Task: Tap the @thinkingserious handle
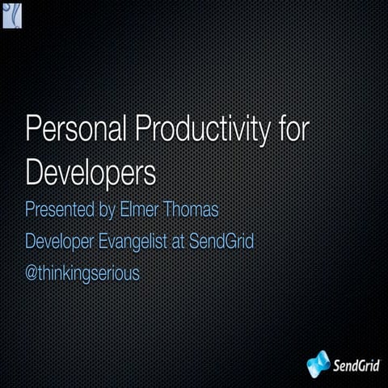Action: coord(83,273)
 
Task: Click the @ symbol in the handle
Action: coord(32,273)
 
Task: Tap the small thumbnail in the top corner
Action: coord(13,15)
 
